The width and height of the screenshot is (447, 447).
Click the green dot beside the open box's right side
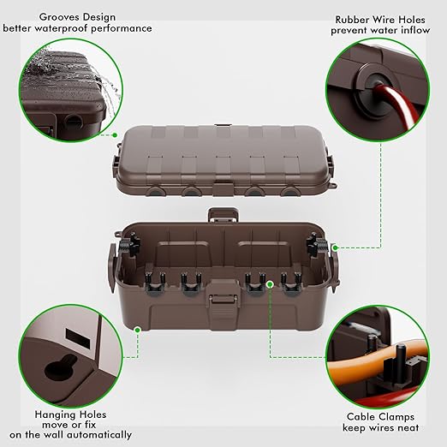point(334,247)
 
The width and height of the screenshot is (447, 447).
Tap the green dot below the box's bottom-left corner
point(138,328)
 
